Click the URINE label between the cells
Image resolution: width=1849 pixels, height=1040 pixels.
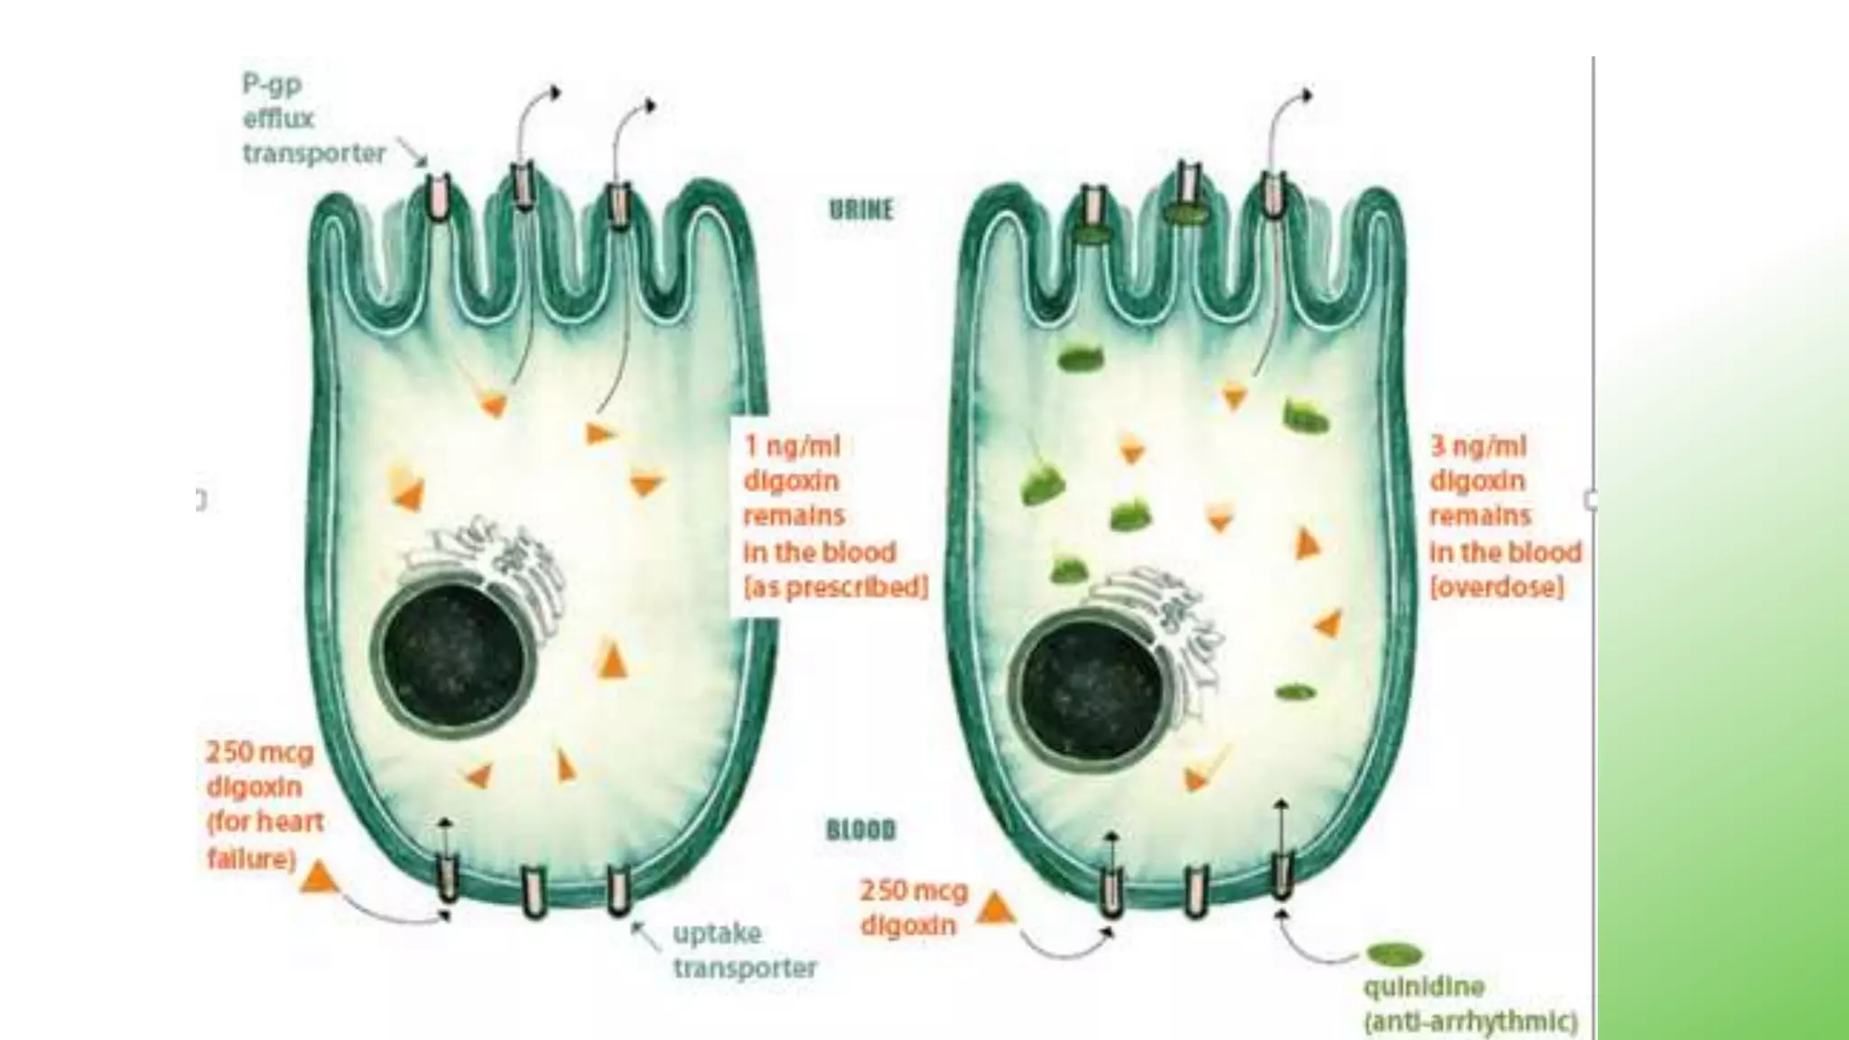860,209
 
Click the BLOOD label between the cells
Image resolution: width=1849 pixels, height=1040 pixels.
860,830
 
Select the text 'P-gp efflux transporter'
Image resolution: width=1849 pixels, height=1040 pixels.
312,119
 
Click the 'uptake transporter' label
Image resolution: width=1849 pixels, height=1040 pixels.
744,951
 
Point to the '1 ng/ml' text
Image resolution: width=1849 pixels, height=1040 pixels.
792,446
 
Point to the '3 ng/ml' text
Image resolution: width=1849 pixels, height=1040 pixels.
1478,446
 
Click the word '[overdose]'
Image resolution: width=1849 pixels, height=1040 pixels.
1497,588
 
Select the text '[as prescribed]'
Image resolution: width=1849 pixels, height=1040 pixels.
835,588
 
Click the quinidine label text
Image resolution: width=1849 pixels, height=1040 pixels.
1424,987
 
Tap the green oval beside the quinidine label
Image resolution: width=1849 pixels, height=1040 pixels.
1394,954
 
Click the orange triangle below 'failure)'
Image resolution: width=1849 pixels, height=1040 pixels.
317,877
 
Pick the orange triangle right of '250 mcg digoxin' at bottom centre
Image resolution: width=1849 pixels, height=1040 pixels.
995,908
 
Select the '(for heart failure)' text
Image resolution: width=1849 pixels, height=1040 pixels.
264,840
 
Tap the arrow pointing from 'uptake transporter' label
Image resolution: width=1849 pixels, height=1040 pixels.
645,933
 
